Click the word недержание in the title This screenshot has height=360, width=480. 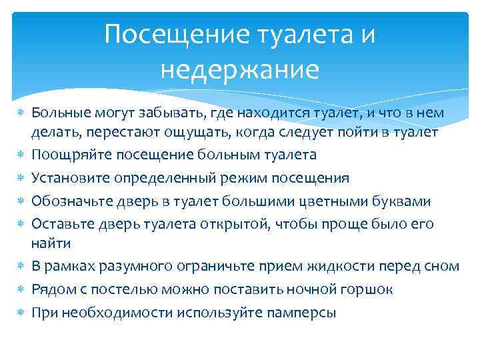[x=240, y=69]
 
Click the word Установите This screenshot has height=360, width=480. [x=71, y=178]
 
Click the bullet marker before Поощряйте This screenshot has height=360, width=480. [x=20, y=155]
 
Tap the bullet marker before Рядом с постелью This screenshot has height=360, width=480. [x=20, y=289]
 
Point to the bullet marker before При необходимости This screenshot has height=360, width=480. [x=20, y=312]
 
